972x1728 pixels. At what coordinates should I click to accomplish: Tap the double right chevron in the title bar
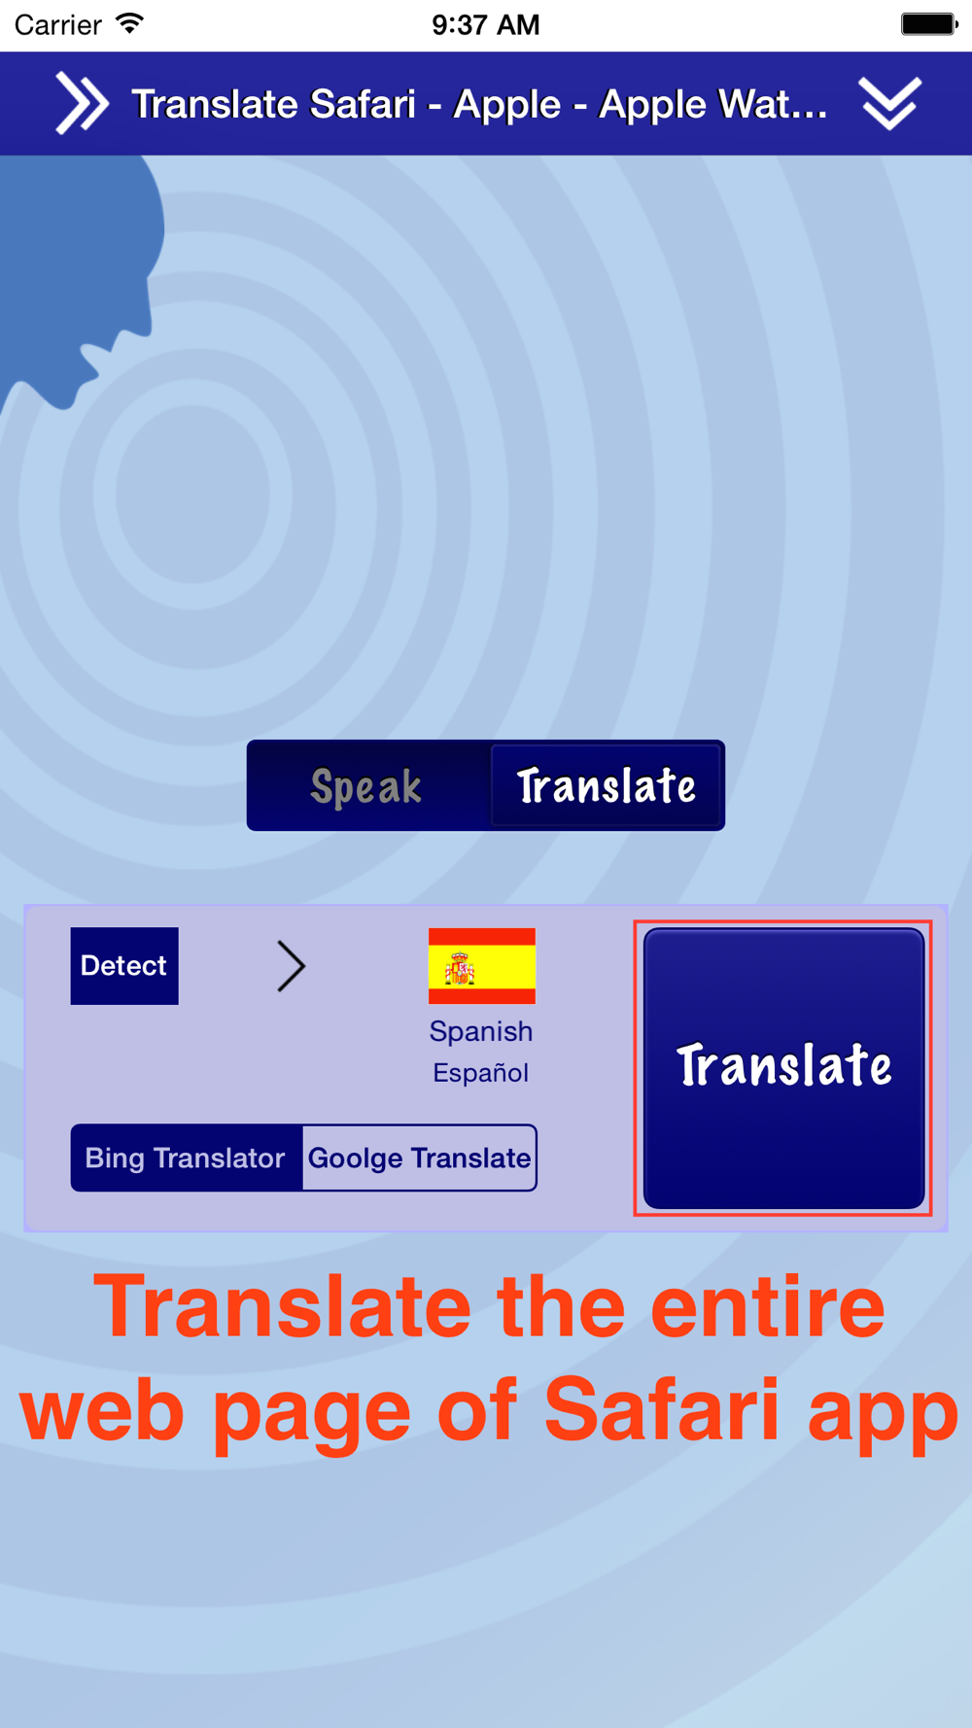coord(82,103)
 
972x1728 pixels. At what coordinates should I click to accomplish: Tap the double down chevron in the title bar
coord(889,103)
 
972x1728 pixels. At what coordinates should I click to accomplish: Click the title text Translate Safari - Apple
coord(346,104)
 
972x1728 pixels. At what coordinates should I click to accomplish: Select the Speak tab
coord(367,785)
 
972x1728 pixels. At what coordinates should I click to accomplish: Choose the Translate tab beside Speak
coord(606,785)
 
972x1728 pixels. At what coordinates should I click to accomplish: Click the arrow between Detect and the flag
coord(291,966)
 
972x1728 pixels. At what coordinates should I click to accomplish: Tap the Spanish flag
coord(482,966)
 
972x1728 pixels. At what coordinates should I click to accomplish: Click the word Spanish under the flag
coord(481,1031)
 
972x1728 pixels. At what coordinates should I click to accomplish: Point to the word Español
coord(481,1073)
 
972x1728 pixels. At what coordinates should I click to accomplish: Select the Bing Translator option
coord(186,1158)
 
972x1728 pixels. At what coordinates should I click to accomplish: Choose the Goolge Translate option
coord(419,1158)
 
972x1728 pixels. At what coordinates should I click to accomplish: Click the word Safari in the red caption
coord(661,1410)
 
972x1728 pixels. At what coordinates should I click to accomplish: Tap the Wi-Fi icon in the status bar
coord(129,23)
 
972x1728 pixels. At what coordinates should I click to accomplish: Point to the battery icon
coord(929,23)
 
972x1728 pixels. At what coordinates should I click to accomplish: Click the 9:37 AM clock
coord(486,24)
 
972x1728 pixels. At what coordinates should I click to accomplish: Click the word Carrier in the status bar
coord(58,24)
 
